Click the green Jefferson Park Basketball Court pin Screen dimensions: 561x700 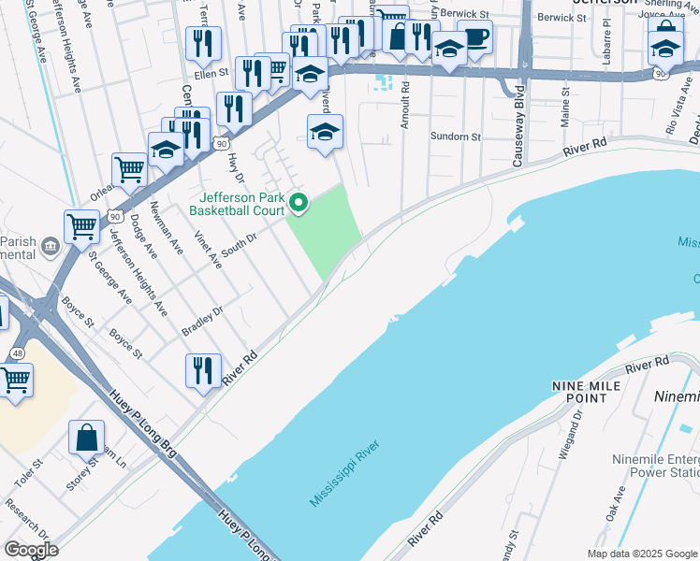[299, 201]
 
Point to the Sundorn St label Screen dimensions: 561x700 [455, 137]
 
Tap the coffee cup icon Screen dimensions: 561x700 [475, 37]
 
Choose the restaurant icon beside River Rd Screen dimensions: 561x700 [203, 370]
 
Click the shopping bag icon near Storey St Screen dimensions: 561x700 [86, 438]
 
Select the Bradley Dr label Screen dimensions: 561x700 [203, 323]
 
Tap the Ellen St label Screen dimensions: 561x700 [211, 73]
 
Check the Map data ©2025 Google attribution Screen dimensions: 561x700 [642, 554]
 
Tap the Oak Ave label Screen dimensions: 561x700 [616, 508]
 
